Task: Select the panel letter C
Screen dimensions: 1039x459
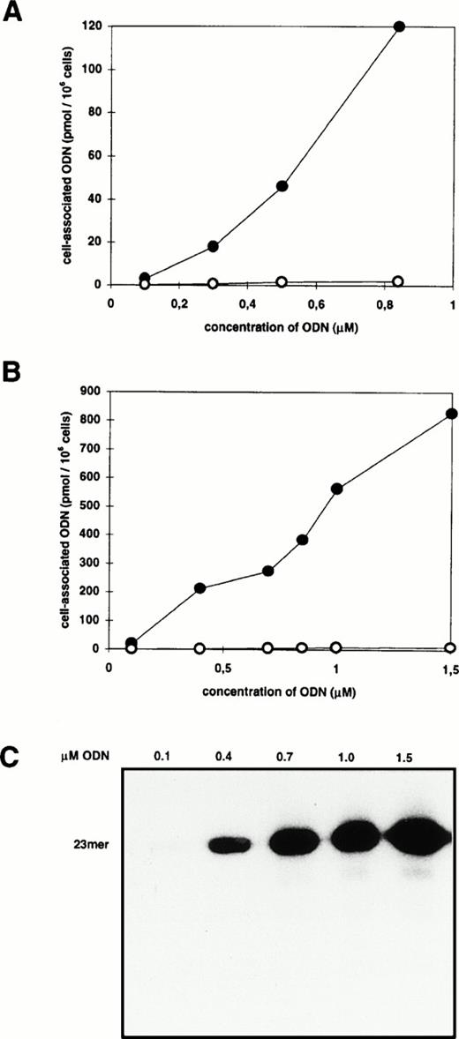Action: click(x=13, y=760)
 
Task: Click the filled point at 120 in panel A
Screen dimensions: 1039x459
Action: click(x=399, y=26)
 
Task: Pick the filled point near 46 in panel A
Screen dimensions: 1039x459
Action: click(x=282, y=185)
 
